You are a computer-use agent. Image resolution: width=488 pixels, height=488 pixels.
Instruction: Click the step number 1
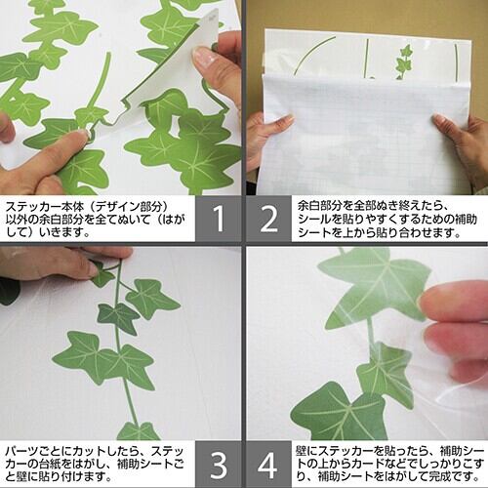tap(219, 219)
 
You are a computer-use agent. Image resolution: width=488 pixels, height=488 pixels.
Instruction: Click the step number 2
tap(269, 219)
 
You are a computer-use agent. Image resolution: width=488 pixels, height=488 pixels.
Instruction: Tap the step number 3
tap(219, 465)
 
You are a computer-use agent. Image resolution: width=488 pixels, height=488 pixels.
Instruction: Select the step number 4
tap(267, 465)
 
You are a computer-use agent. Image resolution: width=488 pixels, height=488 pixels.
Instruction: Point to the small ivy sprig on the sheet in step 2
tap(403, 61)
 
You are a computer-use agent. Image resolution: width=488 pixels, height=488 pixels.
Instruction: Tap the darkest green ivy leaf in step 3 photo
tap(118, 318)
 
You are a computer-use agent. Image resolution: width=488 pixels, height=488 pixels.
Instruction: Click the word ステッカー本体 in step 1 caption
tap(46, 207)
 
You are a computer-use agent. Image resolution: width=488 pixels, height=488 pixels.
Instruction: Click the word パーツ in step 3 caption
tap(22, 452)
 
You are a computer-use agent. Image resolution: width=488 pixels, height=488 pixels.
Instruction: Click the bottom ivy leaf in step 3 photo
tap(139, 431)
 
